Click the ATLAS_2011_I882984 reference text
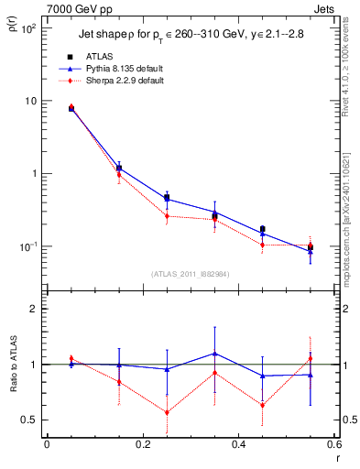(x=191, y=273)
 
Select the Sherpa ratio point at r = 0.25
(x=167, y=412)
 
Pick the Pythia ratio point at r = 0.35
(x=214, y=353)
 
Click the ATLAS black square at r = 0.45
(x=263, y=229)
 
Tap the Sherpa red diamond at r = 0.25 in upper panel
(x=167, y=216)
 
